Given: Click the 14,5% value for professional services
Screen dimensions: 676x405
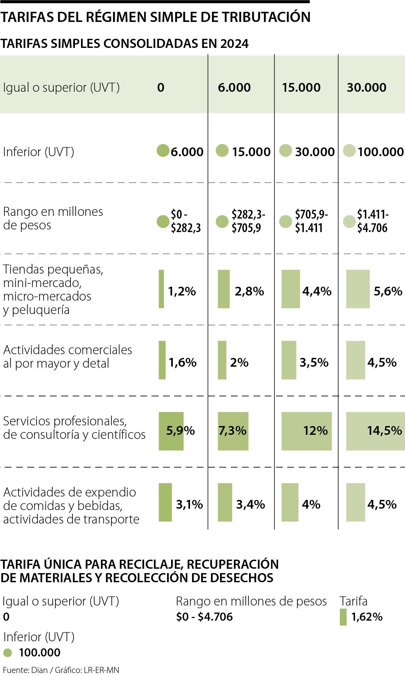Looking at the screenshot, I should (x=384, y=431).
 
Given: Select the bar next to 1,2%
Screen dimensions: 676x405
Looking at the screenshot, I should (x=161, y=289).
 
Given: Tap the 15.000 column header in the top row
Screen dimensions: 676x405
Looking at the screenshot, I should (x=301, y=87).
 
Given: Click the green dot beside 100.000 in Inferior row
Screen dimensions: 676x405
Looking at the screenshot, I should (x=349, y=151).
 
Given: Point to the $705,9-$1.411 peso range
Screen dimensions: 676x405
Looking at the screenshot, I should (x=311, y=221).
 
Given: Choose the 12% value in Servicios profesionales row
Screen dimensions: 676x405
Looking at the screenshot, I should (x=315, y=431).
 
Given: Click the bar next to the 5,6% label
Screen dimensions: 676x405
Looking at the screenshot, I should (x=358, y=289).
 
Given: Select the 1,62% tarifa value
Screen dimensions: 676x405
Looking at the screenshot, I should (x=367, y=617).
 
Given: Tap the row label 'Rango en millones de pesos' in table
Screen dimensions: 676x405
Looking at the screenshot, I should (x=53, y=218).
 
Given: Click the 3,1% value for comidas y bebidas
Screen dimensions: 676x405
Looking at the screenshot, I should (x=189, y=505).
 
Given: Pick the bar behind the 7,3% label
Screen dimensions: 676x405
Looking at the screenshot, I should (x=233, y=431).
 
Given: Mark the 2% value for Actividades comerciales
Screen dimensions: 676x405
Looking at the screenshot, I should (x=239, y=363).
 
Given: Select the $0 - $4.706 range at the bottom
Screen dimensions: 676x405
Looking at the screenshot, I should (x=204, y=617).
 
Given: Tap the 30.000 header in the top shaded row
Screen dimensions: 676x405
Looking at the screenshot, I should (x=366, y=87).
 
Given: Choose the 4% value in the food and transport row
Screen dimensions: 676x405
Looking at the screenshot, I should (x=311, y=505).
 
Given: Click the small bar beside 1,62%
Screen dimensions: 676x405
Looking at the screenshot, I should (x=343, y=617).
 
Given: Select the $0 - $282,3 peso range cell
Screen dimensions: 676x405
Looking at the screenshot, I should (x=185, y=221).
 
